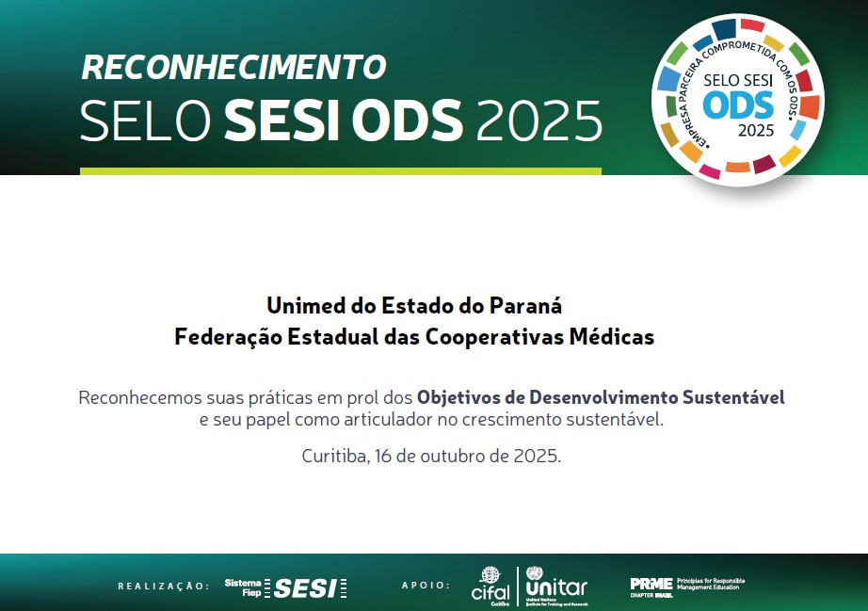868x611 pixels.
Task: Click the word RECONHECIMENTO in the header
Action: coord(233,68)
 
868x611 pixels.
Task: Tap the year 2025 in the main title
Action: coord(539,121)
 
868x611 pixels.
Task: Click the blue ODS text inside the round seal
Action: coord(738,105)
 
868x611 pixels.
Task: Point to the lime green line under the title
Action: coord(340,171)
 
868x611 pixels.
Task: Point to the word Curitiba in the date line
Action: coord(334,456)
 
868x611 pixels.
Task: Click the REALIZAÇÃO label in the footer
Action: coord(164,586)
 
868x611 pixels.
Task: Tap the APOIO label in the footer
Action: coord(426,586)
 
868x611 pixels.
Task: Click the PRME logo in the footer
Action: coord(650,585)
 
